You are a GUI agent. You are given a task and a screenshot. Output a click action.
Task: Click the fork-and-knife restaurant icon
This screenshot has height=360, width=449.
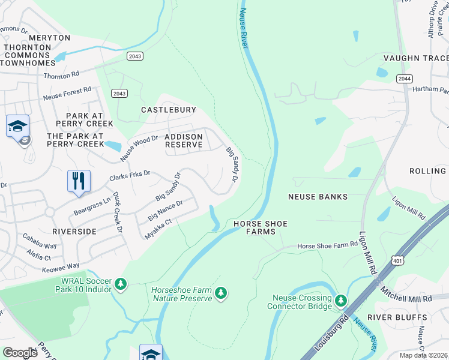[x=79, y=181]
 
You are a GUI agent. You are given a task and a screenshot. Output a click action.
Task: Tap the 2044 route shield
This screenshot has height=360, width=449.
[x=403, y=78]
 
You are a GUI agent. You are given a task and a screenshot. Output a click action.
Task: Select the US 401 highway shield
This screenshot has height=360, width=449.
[x=397, y=260]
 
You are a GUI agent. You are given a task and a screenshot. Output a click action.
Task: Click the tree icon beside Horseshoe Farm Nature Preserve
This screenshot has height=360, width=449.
[x=221, y=293]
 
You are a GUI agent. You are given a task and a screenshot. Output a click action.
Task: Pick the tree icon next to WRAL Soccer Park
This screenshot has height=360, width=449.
[x=121, y=283]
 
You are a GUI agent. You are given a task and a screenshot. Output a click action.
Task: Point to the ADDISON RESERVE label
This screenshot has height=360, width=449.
[x=184, y=141]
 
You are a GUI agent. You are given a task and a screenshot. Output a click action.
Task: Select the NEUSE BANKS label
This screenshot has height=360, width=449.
[x=318, y=196]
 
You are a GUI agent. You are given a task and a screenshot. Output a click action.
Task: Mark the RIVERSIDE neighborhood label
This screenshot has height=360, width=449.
[x=74, y=231]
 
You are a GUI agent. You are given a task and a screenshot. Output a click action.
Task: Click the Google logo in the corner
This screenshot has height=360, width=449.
[x=20, y=353]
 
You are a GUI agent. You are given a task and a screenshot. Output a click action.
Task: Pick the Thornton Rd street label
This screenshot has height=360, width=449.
[x=61, y=75]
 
